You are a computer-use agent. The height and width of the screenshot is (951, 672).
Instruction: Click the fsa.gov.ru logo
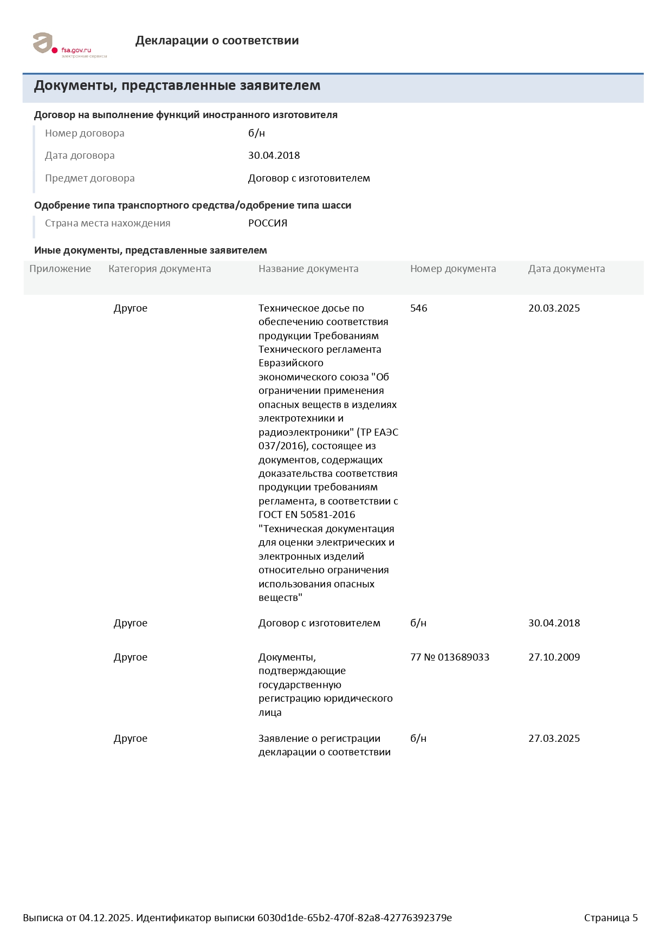pyautogui.click(x=69, y=44)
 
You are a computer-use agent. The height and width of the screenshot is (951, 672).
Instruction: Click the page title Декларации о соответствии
pyautogui.click(x=217, y=41)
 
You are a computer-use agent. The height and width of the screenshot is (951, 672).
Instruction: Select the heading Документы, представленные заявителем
pyautogui.click(x=177, y=86)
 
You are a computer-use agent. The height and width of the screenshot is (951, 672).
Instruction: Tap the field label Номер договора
pyautogui.click(x=85, y=133)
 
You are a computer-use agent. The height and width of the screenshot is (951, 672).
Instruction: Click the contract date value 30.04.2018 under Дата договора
pyautogui.click(x=274, y=156)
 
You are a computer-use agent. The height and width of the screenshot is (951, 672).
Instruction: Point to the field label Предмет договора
pyautogui.click(x=89, y=178)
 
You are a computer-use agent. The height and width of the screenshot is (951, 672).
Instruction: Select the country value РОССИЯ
pyautogui.click(x=268, y=223)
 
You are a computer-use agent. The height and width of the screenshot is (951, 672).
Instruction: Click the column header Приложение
pyautogui.click(x=60, y=269)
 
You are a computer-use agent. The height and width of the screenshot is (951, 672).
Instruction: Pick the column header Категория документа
pyautogui.click(x=159, y=269)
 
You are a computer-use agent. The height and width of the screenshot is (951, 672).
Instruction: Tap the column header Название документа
pyautogui.click(x=308, y=269)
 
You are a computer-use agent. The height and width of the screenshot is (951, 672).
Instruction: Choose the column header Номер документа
pyautogui.click(x=453, y=269)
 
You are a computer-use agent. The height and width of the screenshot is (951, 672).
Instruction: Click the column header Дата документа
pyautogui.click(x=566, y=269)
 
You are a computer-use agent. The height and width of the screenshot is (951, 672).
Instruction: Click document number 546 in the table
pyautogui.click(x=418, y=308)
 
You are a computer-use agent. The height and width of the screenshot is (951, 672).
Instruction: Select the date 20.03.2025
pyautogui.click(x=554, y=308)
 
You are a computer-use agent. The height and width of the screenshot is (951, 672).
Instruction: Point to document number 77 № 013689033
pyautogui.click(x=449, y=657)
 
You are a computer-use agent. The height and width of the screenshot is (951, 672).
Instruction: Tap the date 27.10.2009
pyautogui.click(x=554, y=657)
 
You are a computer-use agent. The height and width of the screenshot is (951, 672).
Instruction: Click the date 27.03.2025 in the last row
pyautogui.click(x=554, y=739)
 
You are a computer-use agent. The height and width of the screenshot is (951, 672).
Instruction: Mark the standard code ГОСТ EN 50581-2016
pyautogui.click(x=307, y=515)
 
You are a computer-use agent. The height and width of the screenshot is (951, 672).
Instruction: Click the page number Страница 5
pyautogui.click(x=611, y=918)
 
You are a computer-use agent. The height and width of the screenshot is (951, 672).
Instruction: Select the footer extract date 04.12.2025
pyautogui.click(x=105, y=918)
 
